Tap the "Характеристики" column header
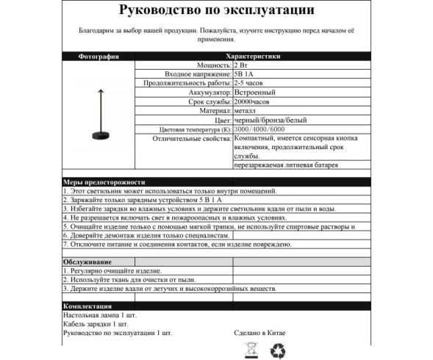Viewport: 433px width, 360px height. [253, 55]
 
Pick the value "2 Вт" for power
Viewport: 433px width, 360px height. [242, 65]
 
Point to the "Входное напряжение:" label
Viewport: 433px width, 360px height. [196, 74]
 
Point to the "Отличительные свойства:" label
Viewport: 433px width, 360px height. [190, 137]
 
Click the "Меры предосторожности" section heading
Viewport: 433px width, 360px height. [104, 181]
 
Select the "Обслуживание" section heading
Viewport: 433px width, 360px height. [87, 262]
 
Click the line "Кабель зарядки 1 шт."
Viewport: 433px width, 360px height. [96, 323]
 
